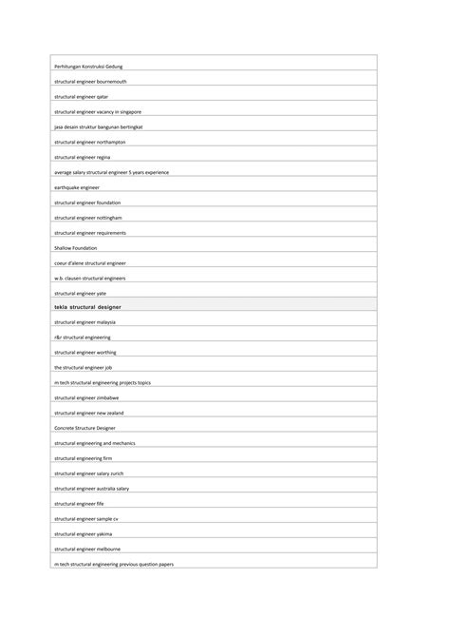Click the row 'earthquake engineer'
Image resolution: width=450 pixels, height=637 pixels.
77,187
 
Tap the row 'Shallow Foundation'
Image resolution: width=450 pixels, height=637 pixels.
76,248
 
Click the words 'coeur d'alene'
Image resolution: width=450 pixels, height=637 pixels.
66,263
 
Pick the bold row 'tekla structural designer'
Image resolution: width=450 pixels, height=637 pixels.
88,307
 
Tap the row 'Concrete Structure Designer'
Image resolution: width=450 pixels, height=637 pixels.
85,429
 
